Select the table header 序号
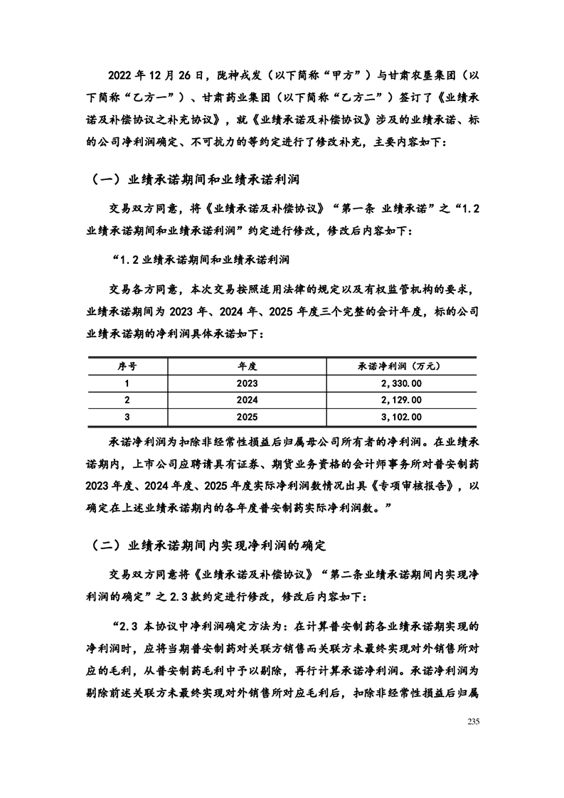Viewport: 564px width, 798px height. click(x=127, y=365)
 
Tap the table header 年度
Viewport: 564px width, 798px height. click(x=247, y=365)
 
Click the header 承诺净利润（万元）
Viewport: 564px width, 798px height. click(x=400, y=365)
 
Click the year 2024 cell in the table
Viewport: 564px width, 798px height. click(x=247, y=400)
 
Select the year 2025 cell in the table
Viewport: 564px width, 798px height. click(x=247, y=417)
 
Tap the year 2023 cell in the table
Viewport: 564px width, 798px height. click(x=247, y=383)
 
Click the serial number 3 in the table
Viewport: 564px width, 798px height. click(x=127, y=417)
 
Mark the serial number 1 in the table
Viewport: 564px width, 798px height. click(x=127, y=383)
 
